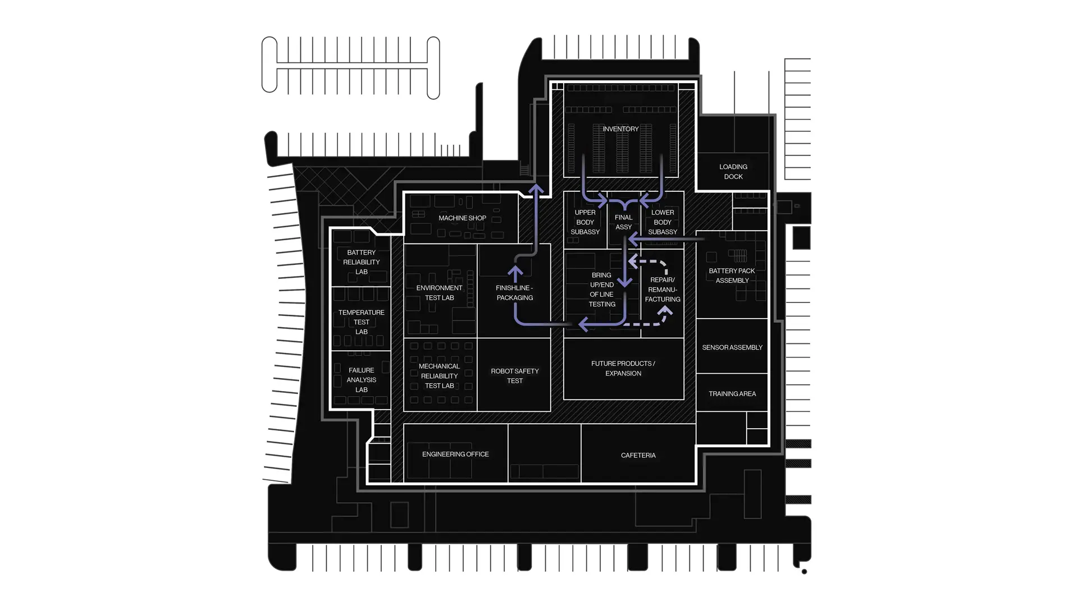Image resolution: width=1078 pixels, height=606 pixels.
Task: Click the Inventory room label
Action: click(620, 129)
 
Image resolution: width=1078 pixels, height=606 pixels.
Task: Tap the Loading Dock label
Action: click(733, 172)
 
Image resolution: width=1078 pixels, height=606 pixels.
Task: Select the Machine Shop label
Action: click(462, 218)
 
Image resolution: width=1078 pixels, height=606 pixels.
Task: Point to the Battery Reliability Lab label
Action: click(361, 262)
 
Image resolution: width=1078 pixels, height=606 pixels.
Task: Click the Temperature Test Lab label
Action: click(361, 322)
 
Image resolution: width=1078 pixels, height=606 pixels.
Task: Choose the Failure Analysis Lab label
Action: click(361, 380)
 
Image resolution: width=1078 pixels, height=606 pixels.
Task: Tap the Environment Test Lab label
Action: click(439, 293)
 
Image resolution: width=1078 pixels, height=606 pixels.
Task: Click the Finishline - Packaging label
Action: click(514, 293)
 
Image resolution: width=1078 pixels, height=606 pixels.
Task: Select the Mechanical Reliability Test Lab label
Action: click(439, 376)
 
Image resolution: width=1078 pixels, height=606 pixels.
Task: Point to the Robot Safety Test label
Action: click(514, 376)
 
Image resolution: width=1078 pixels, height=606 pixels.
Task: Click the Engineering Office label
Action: click(455, 454)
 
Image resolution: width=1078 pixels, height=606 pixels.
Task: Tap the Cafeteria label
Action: click(638, 456)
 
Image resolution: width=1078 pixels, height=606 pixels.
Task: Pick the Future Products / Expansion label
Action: click(623, 368)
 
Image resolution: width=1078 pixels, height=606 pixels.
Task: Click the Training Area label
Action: click(732, 394)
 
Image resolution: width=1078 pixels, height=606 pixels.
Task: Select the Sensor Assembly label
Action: click(732, 348)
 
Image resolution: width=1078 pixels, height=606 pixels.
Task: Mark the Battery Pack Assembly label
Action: click(732, 276)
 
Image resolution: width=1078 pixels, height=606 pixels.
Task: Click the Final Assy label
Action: click(623, 222)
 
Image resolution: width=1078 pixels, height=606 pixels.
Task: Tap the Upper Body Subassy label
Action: click(585, 222)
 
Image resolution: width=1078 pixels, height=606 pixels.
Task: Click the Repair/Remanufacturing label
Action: click(663, 290)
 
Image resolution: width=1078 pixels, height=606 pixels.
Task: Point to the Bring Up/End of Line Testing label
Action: click(602, 290)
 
